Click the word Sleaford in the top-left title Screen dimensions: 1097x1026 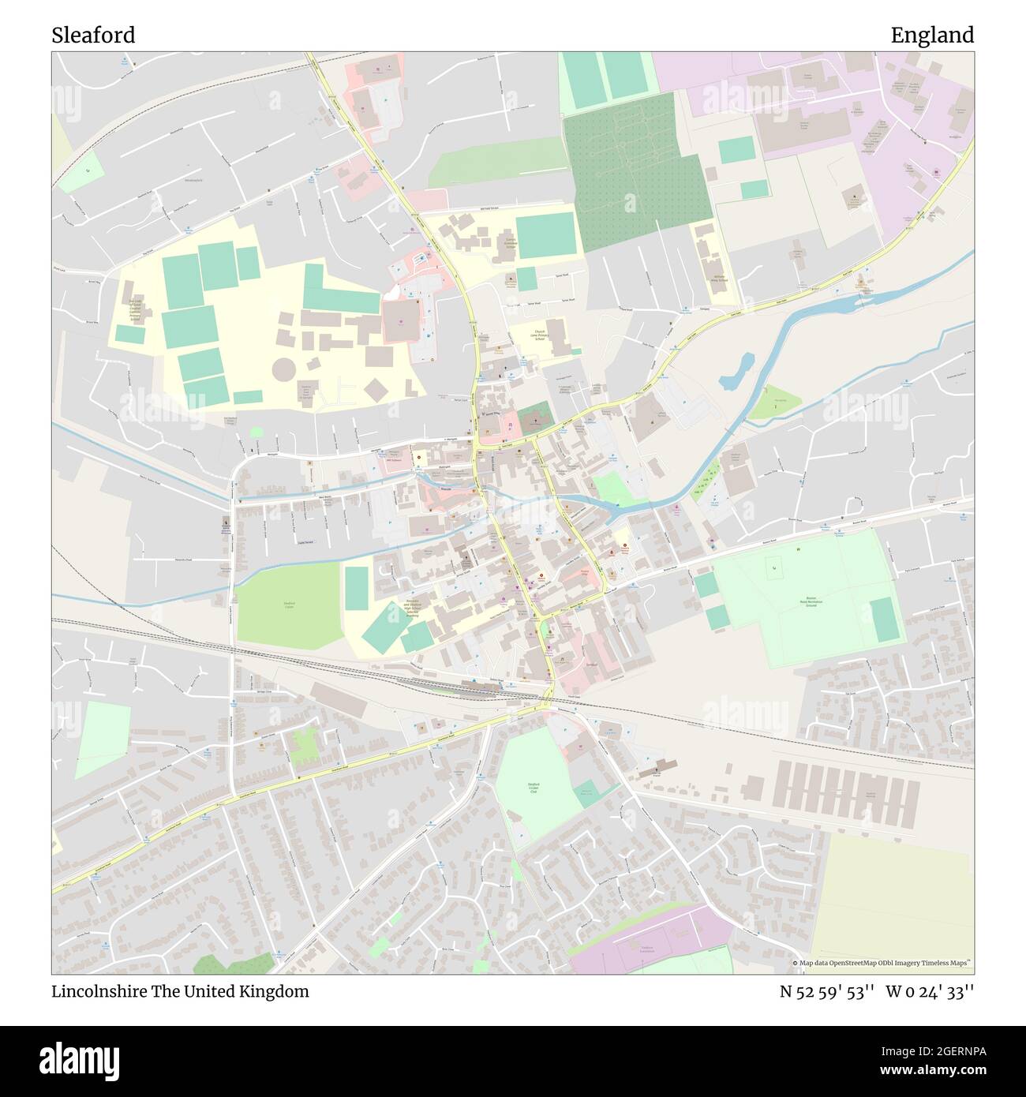point(93,36)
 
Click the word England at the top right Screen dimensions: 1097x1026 point(932,36)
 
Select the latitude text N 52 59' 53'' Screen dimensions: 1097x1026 point(826,991)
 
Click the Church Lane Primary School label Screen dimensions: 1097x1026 point(540,335)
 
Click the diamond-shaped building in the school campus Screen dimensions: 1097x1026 point(376,390)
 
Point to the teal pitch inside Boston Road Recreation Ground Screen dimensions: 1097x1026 point(885,620)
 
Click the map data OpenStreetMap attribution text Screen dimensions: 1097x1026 point(882,963)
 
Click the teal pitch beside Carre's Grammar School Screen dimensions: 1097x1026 point(546,234)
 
